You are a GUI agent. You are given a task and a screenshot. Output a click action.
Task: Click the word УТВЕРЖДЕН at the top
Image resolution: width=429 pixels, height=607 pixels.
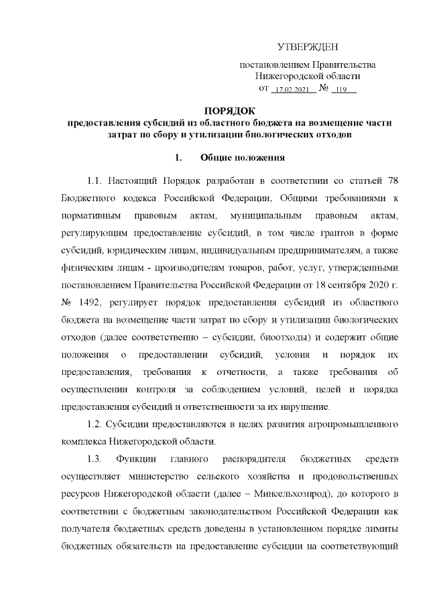(308, 47)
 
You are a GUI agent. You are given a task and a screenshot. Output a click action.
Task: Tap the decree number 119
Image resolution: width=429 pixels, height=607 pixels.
(343, 89)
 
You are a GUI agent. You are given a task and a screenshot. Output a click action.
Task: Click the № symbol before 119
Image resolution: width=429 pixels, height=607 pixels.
(324, 89)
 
